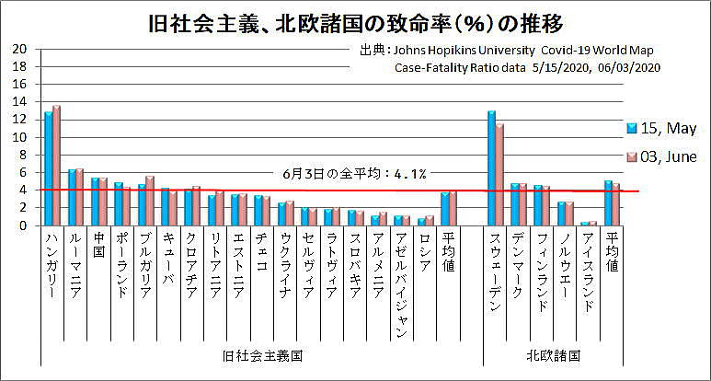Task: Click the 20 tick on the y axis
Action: click(19, 49)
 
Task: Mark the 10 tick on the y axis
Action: click(19, 136)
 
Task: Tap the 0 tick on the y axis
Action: click(23, 225)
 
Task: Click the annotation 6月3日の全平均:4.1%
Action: click(354, 173)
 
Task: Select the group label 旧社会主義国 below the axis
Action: click(262, 354)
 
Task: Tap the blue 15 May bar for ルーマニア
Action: click(72, 197)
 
